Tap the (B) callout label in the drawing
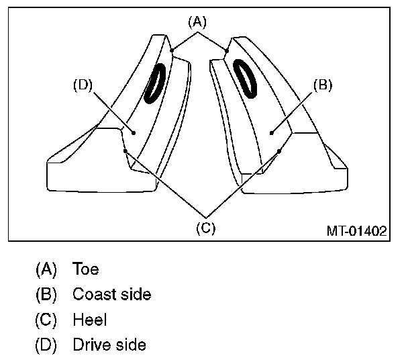coord(323,85)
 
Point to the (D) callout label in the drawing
coord(82,85)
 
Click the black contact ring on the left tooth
coord(156,82)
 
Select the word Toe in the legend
coord(86,269)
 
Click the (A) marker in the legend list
coord(47,269)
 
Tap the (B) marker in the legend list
coord(47,295)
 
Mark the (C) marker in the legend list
coord(47,320)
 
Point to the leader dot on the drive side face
coord(134,133)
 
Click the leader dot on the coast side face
coord(271,133)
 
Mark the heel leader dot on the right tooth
coord(279,151)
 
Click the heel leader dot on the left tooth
coord(125,151)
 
